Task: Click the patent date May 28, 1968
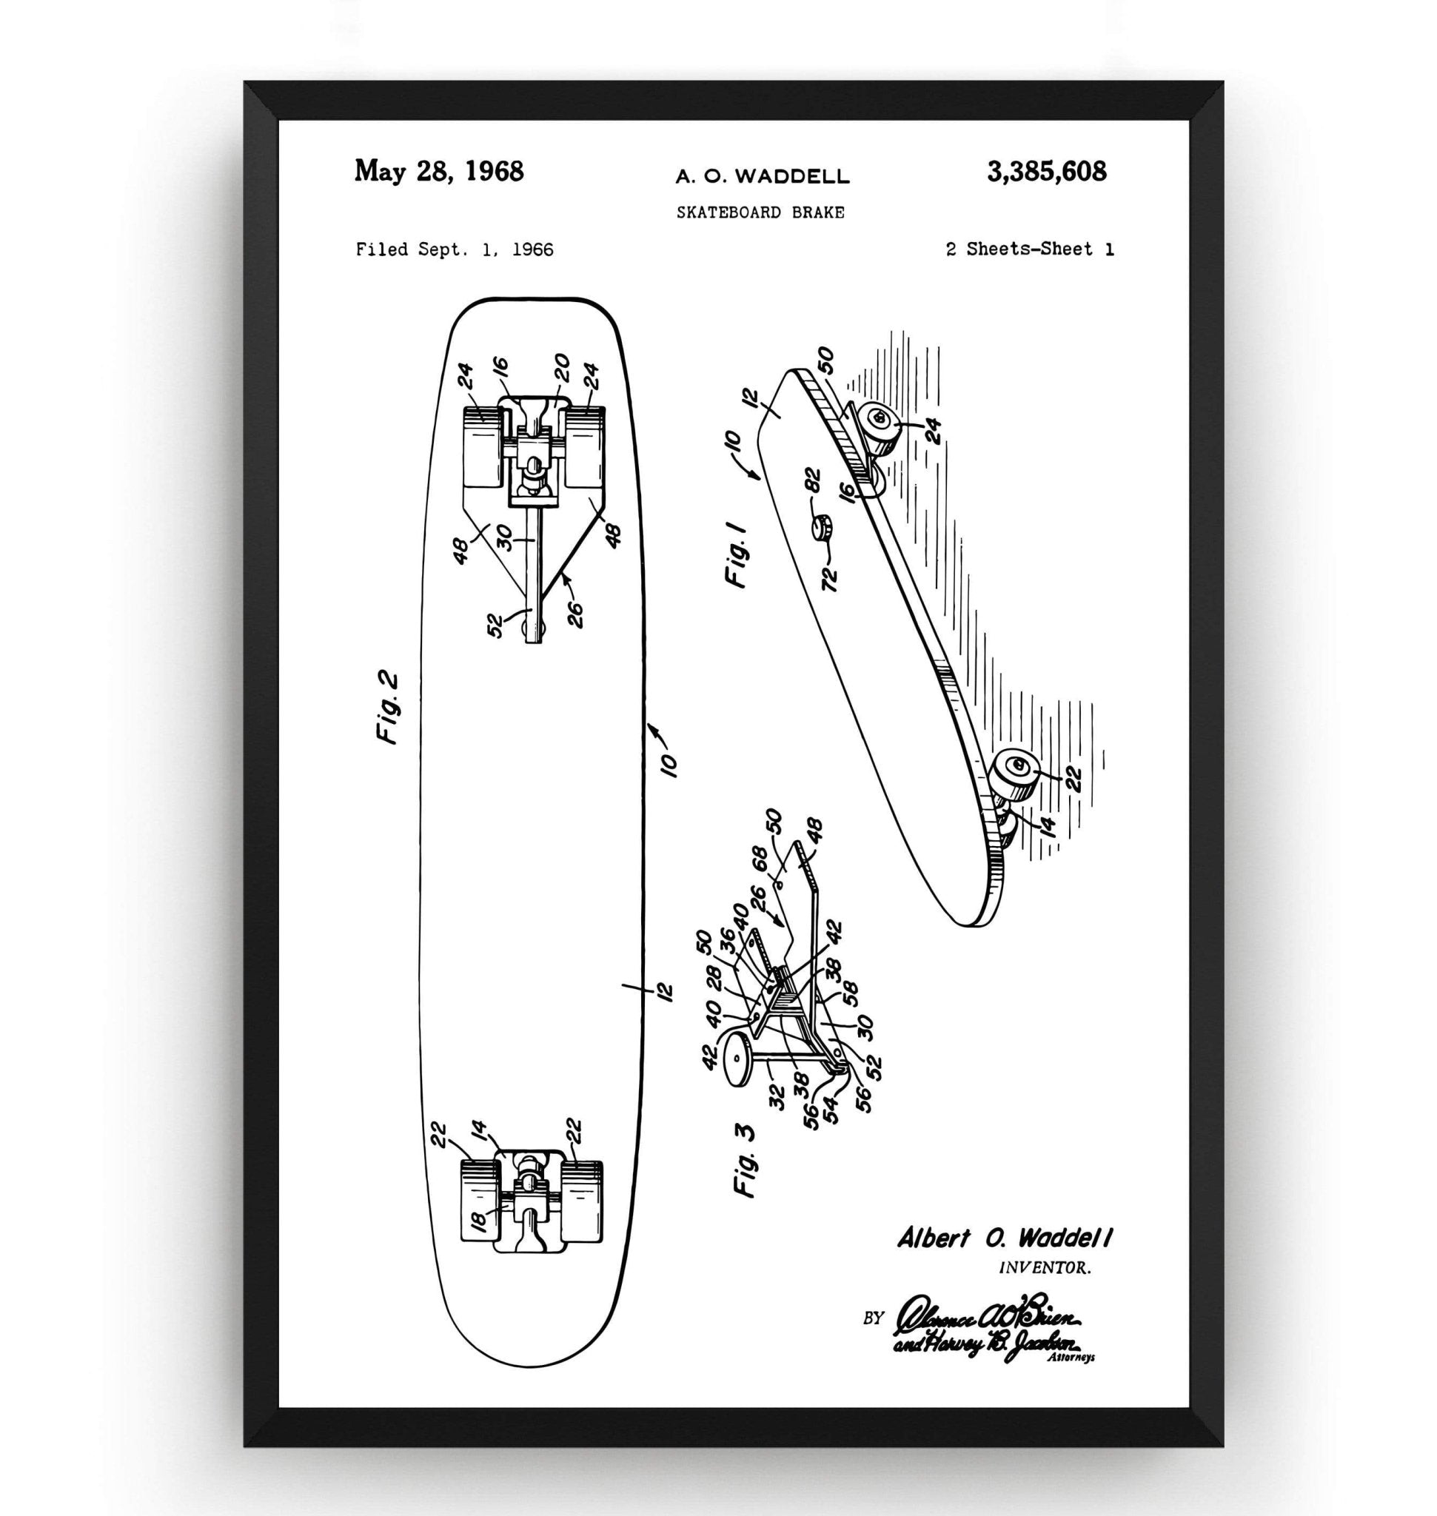pos(438,171)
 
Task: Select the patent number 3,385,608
pos(1046,172)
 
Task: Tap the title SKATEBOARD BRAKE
pos(760,213)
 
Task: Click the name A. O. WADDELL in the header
pos(762,177)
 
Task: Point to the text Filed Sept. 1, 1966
pos(455,249)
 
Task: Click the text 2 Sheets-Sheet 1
pos(1030,249)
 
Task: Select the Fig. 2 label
pos(389,708)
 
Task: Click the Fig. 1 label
pos(737,554)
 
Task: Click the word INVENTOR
pos(1045,1268)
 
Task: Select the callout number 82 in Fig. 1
pos(814,481)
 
